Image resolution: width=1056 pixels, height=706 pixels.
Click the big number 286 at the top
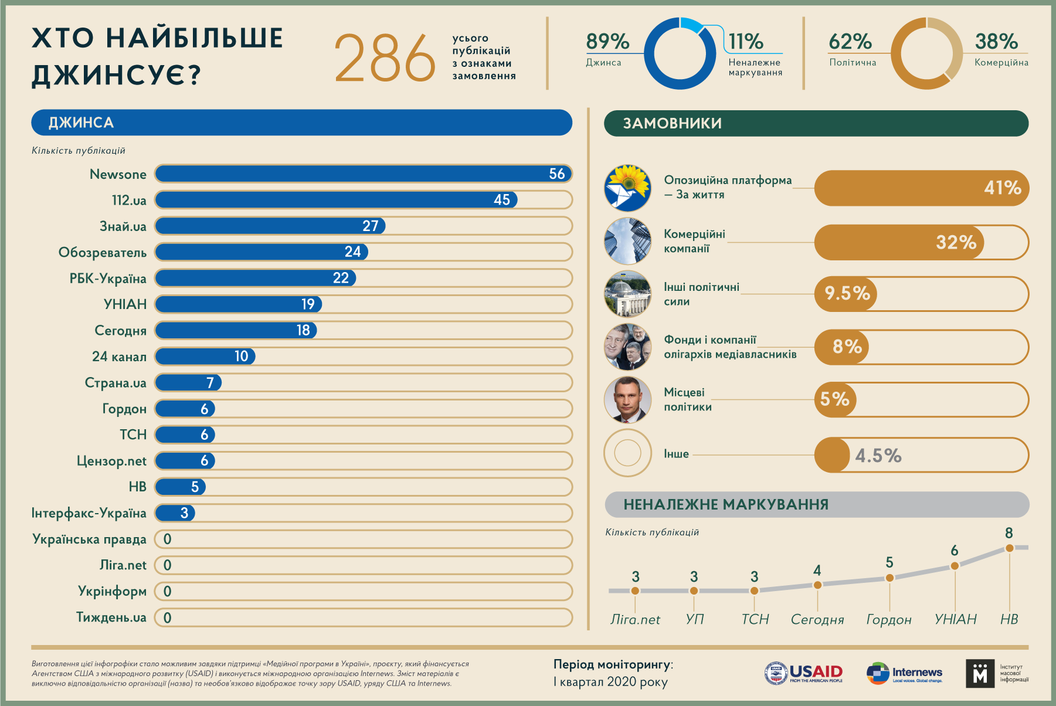coord(384,57)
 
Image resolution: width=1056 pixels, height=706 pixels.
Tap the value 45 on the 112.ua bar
coord(502,200)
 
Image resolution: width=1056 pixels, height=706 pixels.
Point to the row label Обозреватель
coord(103,253)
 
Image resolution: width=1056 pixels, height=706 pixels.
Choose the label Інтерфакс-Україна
coord(89,513)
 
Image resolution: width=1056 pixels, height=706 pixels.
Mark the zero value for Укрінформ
coord(168,591)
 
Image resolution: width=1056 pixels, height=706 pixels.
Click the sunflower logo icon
coord(627,188)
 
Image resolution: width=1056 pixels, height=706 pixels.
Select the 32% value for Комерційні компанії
coord(956,242)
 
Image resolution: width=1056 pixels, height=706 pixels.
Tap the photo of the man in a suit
coord(627,400)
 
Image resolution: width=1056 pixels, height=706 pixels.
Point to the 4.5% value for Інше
coord(878,456)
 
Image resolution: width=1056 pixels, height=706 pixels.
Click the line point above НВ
coord(1009,548)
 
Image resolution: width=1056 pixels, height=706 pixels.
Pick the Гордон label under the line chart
coord(889,620)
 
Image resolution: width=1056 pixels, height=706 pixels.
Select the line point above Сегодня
coord(817,585)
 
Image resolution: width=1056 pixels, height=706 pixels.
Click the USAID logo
coord(804,673)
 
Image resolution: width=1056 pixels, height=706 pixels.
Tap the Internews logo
coord(905,673)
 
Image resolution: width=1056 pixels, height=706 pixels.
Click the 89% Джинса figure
coord(607,42)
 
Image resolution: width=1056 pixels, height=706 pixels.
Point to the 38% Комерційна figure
coord(996,42)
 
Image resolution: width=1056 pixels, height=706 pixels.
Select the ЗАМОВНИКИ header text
coord(672,123)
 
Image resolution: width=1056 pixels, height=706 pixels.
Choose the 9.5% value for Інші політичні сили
coord(847,293)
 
